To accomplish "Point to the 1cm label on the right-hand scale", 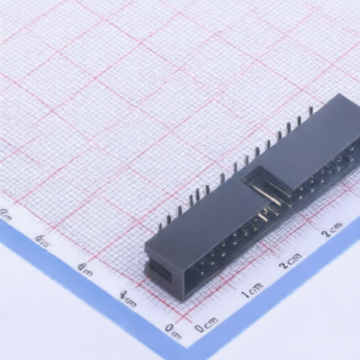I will point(252,289).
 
